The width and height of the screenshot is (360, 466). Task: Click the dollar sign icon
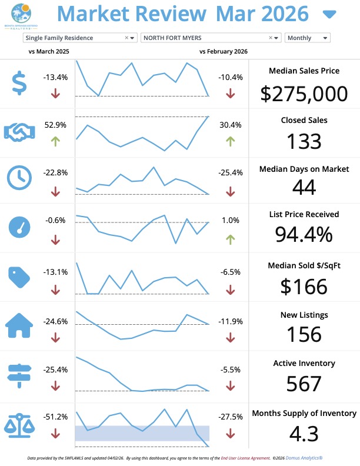coord(19,83)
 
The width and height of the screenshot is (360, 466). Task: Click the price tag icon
coord(19,276)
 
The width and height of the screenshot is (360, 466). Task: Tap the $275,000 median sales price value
coord(304,93)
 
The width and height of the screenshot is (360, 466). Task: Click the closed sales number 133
coord(304,141)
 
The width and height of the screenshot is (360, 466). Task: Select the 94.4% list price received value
coord(304,234)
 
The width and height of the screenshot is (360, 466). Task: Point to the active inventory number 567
coord(304,384)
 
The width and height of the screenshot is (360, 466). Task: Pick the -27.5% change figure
coord(230,417)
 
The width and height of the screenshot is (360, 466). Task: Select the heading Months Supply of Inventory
coord(304,413)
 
